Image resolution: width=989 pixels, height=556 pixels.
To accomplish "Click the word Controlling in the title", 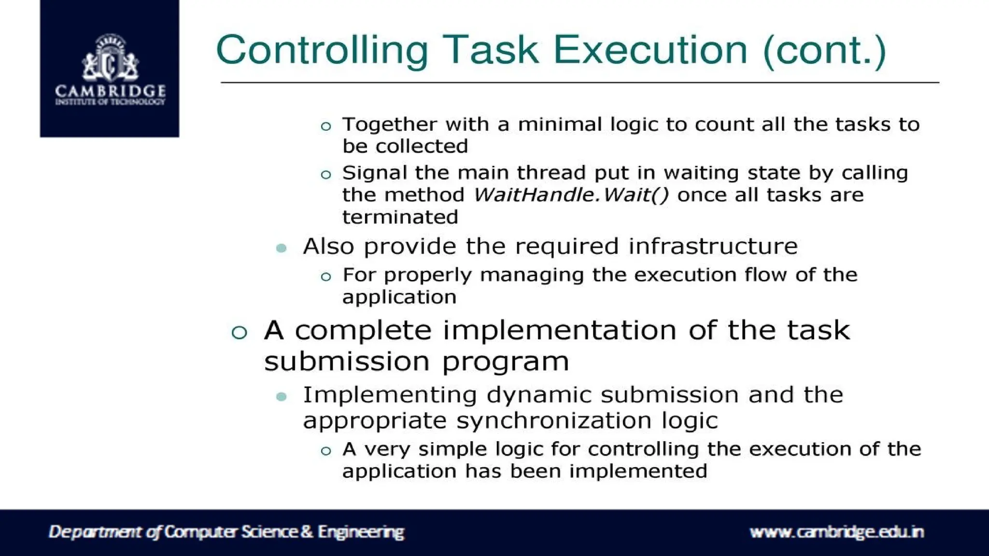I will [322, 51].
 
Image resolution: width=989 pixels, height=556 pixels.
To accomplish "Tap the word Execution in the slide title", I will [650, 51].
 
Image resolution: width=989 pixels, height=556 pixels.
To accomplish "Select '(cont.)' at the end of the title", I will [824, 51].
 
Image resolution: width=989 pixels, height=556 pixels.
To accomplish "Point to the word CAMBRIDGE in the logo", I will [110, 91].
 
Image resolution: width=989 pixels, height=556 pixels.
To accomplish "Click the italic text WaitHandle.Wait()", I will [571, 195].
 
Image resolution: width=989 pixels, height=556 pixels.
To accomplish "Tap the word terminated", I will [400, 217].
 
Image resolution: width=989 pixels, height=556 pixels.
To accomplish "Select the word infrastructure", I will [713, 246].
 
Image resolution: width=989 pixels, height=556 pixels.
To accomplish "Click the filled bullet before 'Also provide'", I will [282, 248].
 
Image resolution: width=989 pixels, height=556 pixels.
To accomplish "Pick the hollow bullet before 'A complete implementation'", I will [240, 333].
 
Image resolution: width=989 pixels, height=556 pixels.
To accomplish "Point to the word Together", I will [389, 125].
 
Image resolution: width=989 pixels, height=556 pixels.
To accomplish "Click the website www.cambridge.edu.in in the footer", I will [836, 532].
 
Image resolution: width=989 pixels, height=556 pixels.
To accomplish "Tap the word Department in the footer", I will [96, 532].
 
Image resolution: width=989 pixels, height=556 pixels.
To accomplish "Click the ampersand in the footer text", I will [307, 532].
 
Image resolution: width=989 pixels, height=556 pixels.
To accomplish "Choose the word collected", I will [422, 146].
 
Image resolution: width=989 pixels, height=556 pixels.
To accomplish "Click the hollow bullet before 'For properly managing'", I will [326, 277].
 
